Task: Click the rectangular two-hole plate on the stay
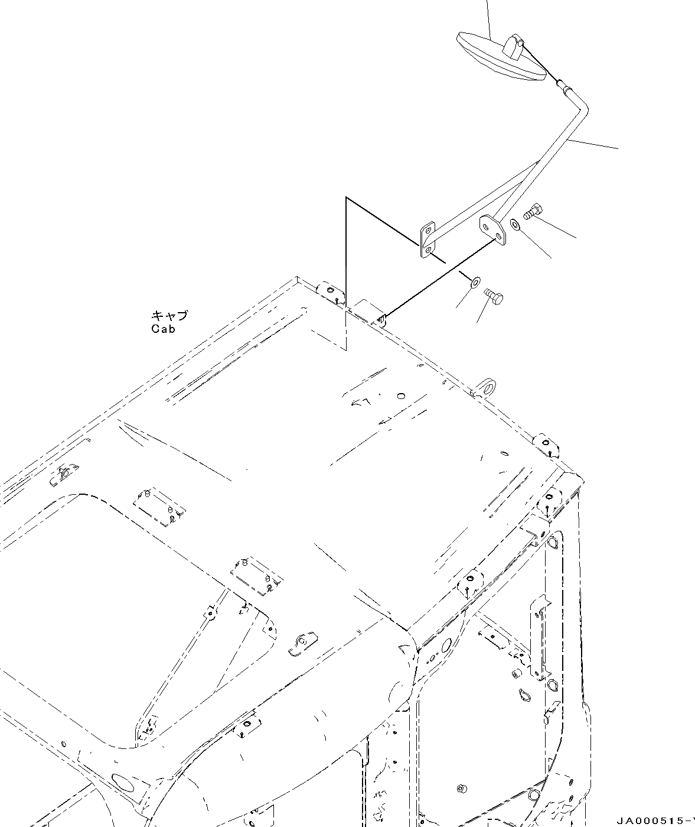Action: click(427, 240)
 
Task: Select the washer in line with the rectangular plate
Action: click(475, 280)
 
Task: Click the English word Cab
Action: click(163, 329)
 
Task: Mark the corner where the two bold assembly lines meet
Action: click(347, 198)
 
